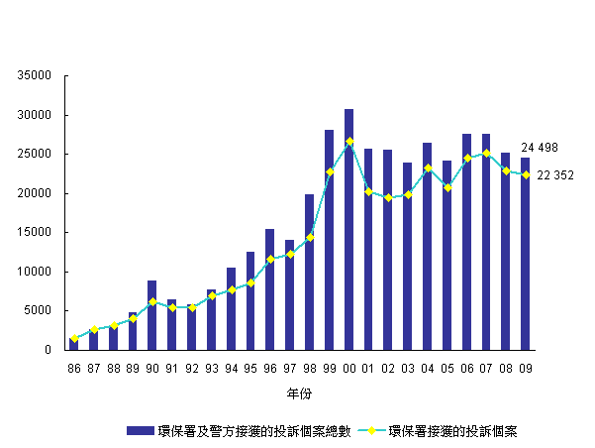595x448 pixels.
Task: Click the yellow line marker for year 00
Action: pos(349,141)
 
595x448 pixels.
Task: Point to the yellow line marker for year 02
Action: pos(389,197)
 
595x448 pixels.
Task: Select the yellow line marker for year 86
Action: pos(74,339)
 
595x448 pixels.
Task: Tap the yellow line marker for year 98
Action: pos(310,237)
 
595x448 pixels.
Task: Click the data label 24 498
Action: pos(540,148)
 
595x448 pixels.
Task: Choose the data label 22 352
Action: pos(554,175)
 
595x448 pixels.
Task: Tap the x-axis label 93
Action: pos(211,369)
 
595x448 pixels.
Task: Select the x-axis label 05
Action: pos(447,369)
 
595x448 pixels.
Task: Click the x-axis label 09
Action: pos(526,369)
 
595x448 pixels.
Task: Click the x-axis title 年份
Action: pos(299,394)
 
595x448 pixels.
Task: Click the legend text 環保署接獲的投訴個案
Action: pos(454,430)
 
